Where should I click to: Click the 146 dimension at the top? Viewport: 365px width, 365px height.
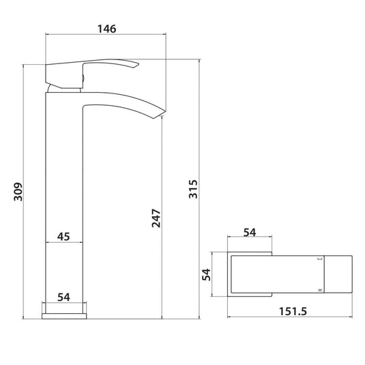pos(106,29)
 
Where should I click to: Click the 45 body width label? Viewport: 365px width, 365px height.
pos(63,236)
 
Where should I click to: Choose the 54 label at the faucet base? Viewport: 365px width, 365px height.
pos(63,297)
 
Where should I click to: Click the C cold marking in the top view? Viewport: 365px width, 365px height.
pos(318,259)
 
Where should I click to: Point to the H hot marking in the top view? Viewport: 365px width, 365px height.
pos(318,291)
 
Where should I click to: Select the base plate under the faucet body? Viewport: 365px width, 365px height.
pos(65,315)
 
